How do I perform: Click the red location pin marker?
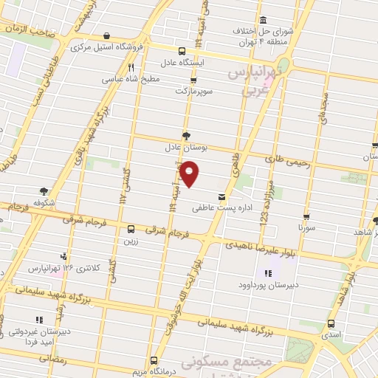click(x=190, y=174)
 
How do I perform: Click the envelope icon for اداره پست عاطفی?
click(x=221, y=196)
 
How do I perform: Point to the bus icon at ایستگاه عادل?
click(x=182, y=51)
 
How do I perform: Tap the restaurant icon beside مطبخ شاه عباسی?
click(x=131, y=66)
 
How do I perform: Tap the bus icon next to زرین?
click(x=131, y=229)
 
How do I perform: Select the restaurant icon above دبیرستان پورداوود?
click(x=267, y=274)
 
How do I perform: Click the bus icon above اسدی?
click(x=329, y=323)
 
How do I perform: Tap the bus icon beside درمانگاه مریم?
click(x=154, y=360)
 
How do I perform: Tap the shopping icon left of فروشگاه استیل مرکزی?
click(x=107, y=35)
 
